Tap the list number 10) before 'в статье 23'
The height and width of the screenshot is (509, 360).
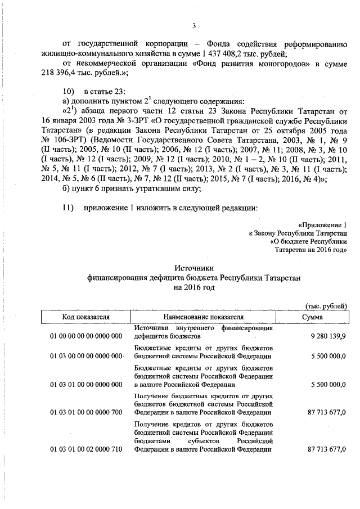(68, 91)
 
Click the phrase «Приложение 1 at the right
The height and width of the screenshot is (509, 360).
(323, 223)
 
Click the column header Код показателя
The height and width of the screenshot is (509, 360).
(85, 317)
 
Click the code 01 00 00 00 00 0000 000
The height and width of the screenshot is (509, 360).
(85, 336)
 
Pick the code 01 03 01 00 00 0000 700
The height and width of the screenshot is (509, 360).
(85, 412)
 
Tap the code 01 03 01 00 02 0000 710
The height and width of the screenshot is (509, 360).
(85, 450)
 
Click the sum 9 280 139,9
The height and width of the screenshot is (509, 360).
(328, 336)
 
